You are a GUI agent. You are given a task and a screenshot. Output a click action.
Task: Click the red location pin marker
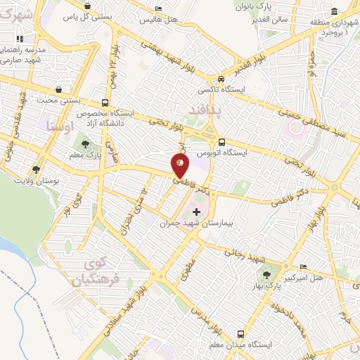pyautogui.click(x=180, y=166)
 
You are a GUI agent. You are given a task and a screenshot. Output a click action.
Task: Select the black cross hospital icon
pyautogui.click(x=196, y=211)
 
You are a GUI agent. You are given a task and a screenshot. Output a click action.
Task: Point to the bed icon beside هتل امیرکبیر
pyautogui.click(x=303, y=266)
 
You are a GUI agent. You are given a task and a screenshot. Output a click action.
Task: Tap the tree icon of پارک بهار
pyautogui.click(x=266, y=275)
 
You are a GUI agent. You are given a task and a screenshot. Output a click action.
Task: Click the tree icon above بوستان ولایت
pyautogui.click(x=36, y=169)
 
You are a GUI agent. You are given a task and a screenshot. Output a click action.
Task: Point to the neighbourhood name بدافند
pyautogui.click(x=204, y=111)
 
